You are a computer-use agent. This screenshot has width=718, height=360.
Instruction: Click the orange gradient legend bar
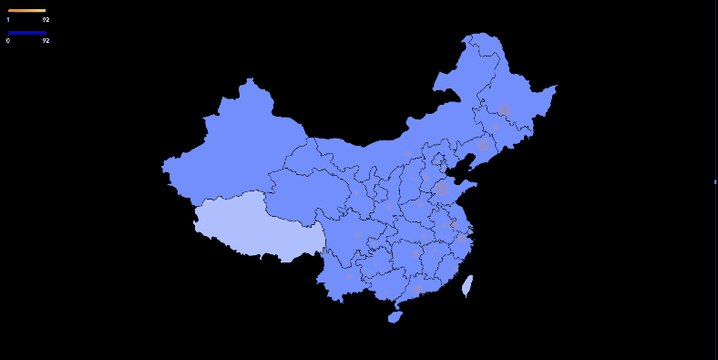(26, 11)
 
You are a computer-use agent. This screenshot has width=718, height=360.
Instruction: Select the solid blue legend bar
(26, 33)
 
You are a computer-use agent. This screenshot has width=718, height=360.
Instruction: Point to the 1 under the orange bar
(8, 19)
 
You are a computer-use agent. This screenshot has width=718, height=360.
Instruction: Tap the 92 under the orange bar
(46, 19)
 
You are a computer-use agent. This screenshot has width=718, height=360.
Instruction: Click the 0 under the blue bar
(8, 41)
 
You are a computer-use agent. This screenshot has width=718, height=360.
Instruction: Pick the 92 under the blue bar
(46, 41)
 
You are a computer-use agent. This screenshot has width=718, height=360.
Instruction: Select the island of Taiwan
(467, 286)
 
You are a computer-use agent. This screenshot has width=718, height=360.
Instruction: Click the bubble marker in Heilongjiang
(504, 109)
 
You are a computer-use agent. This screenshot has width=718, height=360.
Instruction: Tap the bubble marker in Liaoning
(483, 145)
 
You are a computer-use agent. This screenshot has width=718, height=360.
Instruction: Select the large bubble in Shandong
(442, 189)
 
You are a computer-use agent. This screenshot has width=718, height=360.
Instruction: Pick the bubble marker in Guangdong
(417, 289)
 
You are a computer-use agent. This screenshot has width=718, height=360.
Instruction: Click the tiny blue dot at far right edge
(715, 182)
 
